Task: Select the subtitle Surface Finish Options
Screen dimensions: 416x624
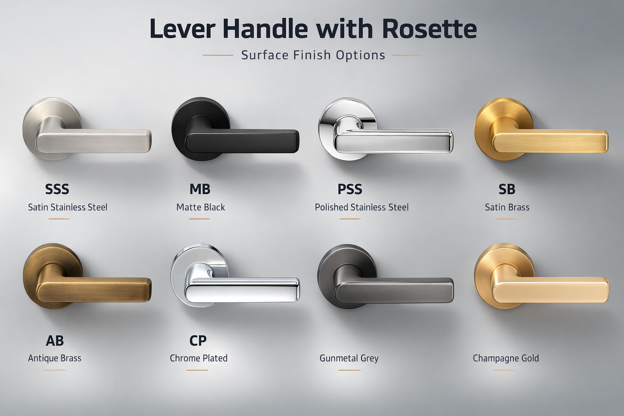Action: [313, 55]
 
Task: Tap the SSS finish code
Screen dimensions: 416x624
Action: [57, 189]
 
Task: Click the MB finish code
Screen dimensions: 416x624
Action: [200, 189]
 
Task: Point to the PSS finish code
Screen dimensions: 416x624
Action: [350, 189]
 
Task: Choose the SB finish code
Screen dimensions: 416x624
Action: [507, 189]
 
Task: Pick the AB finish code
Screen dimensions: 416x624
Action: [55, 340]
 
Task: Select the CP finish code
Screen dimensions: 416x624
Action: [198, 340]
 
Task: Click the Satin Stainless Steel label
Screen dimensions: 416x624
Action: [67, 207]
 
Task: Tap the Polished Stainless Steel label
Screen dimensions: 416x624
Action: [362, 207]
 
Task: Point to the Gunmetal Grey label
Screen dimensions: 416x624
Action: [349, 358]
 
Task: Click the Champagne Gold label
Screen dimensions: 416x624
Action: [506, 358]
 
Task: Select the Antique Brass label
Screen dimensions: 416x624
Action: [54, 358]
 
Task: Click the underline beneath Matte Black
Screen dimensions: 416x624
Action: [199, 219]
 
